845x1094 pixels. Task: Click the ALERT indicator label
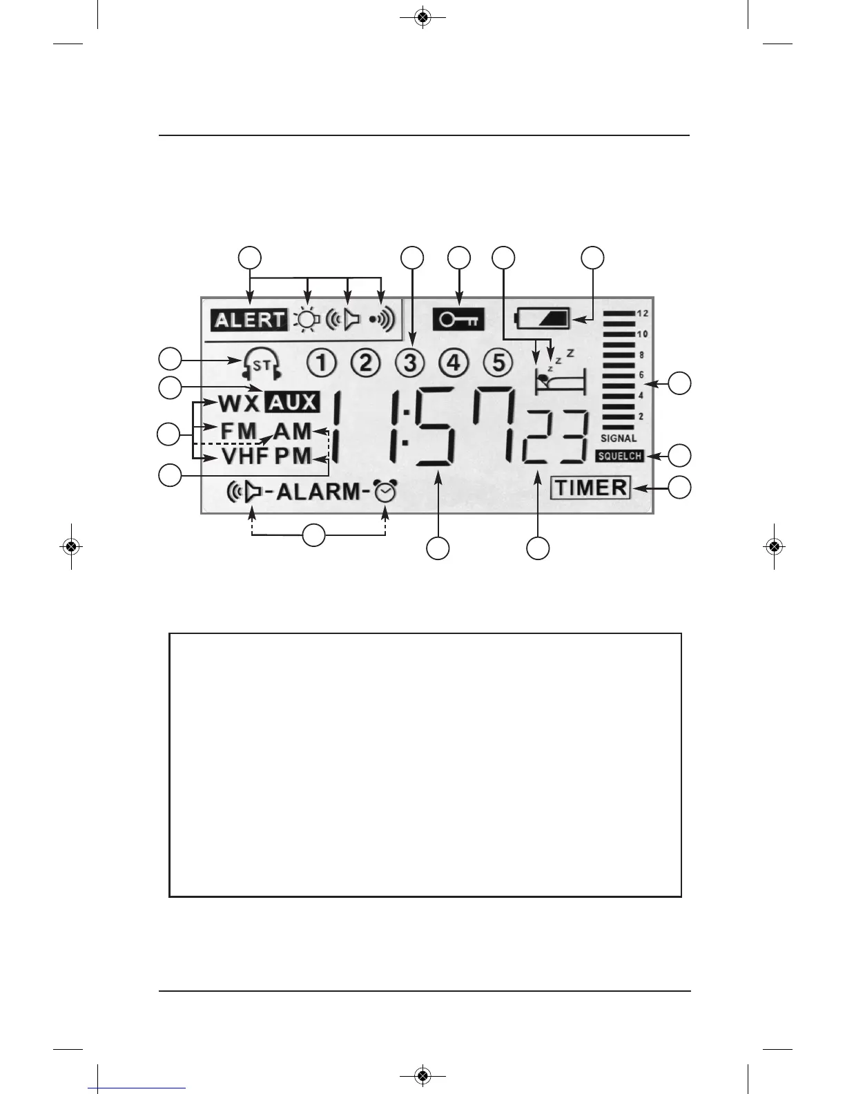249,320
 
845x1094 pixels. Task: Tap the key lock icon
458,320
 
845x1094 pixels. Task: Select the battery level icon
542,319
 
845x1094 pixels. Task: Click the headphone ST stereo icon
262,363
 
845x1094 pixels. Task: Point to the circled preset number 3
410,363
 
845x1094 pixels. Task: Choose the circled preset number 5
497,363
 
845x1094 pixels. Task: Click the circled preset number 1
322,363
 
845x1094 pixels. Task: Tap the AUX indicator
292,402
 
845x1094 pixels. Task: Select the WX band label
238,403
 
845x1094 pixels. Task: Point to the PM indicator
293,457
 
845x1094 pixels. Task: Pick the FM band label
238,430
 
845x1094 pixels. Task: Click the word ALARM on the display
318,492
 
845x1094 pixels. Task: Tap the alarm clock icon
385,492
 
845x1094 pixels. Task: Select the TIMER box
591,488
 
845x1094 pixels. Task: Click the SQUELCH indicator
619,456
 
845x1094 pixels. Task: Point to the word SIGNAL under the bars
619,439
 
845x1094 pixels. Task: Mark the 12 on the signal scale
642,314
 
